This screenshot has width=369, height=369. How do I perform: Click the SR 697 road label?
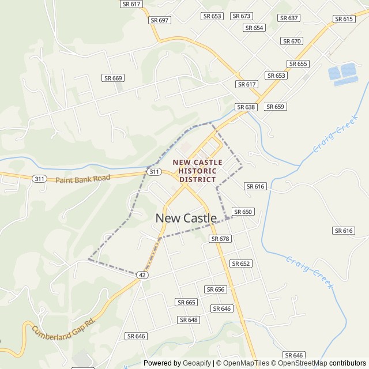pos(160,20)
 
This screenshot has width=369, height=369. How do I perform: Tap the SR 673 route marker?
pos(241,16)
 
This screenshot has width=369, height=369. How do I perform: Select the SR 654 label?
pos(254,28)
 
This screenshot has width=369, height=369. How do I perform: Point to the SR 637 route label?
pos(289,18)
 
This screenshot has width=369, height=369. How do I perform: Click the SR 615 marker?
pos(344,19)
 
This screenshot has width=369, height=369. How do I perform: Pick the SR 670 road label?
pos(292,41)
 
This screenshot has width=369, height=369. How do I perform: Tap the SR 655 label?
pos(298,64)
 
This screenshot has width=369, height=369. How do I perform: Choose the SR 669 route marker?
pos(113,78)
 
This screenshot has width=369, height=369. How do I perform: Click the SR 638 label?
pos(246,107)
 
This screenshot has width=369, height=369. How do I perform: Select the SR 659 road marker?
pos(275,107)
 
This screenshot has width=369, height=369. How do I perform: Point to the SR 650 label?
pos(243,212)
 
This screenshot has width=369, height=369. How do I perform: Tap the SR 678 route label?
pos(220,239)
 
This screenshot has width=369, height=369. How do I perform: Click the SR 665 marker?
pos(187,302)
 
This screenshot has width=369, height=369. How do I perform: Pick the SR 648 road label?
pos(189,320)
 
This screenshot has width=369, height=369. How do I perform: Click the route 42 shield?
pos(142,276)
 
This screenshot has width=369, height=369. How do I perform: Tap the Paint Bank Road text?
pos(82,179)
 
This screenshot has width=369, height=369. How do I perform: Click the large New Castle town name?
pos(186,219)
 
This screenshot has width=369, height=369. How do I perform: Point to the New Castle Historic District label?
pos(198,171)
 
